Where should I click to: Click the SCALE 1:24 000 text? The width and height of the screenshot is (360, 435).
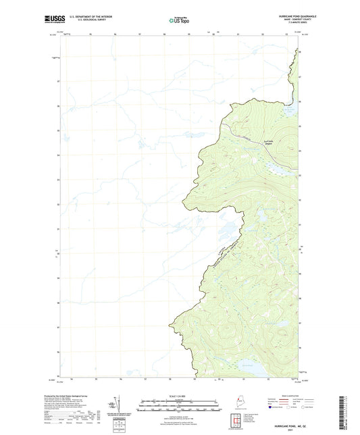179,395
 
